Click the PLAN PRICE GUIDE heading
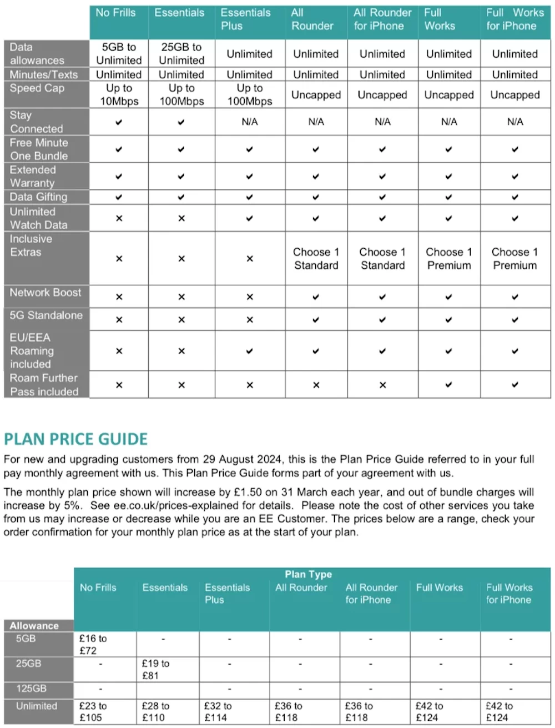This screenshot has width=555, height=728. pos(75,439)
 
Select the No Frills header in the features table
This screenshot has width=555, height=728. pos(115,13)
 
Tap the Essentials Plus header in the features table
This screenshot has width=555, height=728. pos(245,19)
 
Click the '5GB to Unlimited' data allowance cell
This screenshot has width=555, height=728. pos(119,54)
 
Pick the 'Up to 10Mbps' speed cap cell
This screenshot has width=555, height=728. pos(119,95)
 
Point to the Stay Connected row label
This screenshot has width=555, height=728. pos(37,122)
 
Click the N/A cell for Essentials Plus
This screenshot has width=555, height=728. pos(250,122)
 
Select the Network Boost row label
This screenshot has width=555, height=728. pos(46,293)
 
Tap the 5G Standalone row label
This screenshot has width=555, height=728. pos(46,315)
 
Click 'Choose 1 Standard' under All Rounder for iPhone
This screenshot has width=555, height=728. pos(382,259)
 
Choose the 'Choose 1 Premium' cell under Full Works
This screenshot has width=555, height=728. pos(449,259)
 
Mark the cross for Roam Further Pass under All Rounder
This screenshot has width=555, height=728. pos(316,385)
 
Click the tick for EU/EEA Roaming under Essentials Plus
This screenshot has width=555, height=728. pos(250,351)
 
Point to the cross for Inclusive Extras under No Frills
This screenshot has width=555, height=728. pos(119,259)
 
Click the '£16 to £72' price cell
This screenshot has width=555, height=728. pos(93,645)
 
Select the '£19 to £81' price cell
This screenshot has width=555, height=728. pos(155,670)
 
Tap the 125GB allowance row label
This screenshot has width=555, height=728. pos(32,689)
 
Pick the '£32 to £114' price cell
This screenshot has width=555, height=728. pos(218,712)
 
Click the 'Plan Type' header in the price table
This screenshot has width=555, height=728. pos(308,574)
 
